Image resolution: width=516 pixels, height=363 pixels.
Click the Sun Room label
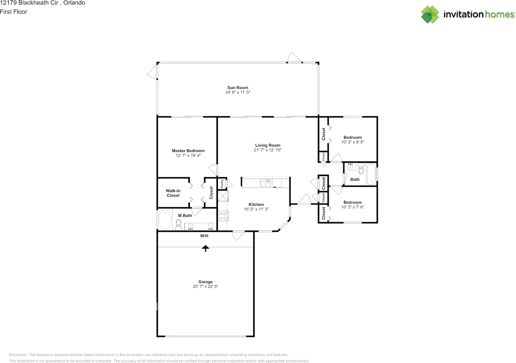click(237, 87)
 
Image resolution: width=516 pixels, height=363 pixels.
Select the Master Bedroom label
click(188, 151)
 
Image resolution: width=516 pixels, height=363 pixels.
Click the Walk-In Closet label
click(173, 193)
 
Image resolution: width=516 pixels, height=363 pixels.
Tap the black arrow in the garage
click(206, 248)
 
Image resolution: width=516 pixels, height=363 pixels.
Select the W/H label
click(204, 236)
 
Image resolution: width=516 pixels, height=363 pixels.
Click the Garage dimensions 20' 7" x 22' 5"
click(205, 287)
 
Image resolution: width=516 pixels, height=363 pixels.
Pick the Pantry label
click(222, 184)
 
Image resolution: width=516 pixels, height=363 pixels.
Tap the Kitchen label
click(256, 204)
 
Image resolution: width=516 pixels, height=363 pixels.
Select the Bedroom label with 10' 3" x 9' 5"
click(352, 137)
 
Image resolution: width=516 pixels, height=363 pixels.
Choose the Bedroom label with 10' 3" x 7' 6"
click(352, 202)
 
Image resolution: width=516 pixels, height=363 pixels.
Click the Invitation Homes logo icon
click(430, 14)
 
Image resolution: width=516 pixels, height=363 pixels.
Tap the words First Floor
click(14, 12)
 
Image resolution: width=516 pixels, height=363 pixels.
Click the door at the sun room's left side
click(152, 73)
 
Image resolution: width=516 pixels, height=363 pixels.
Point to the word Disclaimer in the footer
click(18, 355)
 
